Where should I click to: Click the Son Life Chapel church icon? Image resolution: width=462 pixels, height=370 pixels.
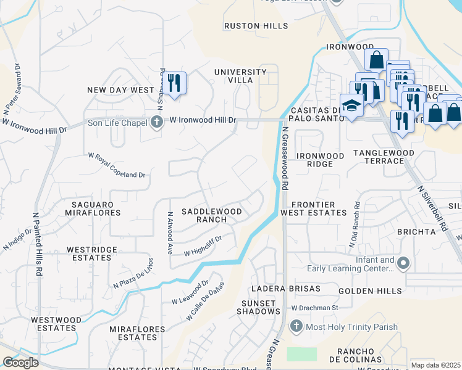pos(157,121)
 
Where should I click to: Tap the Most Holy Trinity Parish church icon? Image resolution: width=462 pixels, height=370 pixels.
pos(296,325)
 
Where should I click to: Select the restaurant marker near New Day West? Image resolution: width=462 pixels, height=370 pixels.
pos(174,82)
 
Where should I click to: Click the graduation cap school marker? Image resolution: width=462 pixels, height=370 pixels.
pos(352,105)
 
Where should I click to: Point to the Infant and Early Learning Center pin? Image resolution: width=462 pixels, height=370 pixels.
pos(403,264)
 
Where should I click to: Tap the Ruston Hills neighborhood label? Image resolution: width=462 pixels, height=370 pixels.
pos(256,26)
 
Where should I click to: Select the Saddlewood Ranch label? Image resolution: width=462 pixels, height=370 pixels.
pos(211,215)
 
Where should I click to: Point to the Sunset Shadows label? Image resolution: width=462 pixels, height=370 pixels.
pos(258,307)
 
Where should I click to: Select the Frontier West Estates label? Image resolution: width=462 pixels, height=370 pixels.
pos(314,208)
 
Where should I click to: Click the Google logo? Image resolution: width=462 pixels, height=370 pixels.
pos(20,362)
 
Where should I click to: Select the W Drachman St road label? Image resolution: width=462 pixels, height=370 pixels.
pos(316,307)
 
